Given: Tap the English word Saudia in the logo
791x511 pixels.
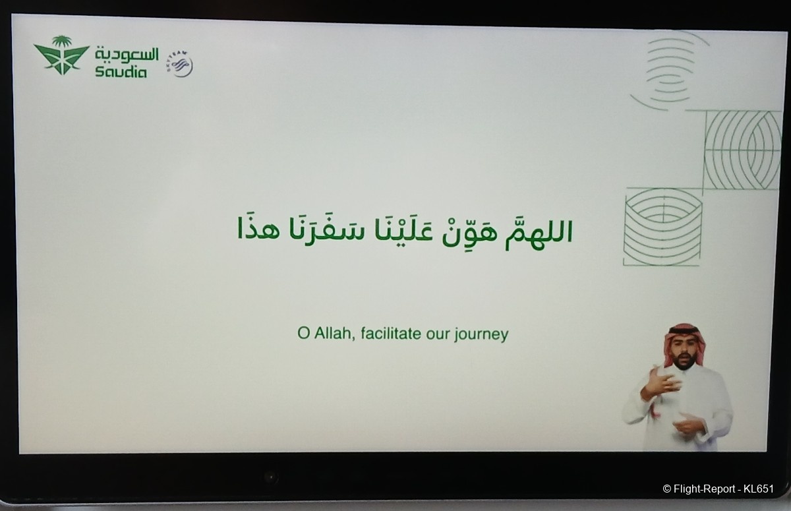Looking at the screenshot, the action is (x=121, y=72).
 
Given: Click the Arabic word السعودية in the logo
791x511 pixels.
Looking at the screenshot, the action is (x=127, y=54).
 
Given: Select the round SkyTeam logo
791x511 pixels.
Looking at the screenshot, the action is (x=180, y=64).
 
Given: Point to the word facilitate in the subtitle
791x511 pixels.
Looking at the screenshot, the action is (x=391, y=333).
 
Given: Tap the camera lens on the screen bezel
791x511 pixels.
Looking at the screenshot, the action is (x=270, y=477).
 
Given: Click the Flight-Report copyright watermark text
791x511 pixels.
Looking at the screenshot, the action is (x=718, y=489).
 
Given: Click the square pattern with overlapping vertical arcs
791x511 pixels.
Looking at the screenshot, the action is (x=742, y=150).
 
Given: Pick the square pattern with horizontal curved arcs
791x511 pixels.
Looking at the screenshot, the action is (x=662, y=226).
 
